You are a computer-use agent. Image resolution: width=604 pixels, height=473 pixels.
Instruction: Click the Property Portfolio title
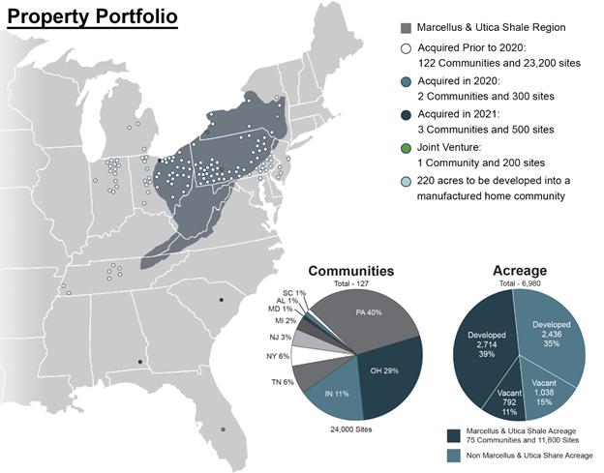93,16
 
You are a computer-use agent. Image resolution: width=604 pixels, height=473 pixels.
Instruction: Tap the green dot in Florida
223,429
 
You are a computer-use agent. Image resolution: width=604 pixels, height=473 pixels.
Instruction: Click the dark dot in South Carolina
221,300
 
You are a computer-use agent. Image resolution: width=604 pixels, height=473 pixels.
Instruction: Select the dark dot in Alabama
139,362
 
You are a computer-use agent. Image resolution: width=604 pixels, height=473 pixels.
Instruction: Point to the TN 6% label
283,382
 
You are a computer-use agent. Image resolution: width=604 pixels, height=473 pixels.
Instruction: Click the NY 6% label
278,356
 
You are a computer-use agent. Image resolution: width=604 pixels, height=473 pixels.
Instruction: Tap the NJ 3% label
280,338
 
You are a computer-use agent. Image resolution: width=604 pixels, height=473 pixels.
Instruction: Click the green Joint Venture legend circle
406,148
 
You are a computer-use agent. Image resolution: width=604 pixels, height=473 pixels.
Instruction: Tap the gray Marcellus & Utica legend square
406,28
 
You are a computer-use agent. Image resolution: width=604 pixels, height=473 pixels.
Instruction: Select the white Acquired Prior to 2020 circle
406,48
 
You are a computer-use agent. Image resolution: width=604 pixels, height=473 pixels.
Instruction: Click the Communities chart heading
351,271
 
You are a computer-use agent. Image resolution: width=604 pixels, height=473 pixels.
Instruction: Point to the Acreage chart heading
520,271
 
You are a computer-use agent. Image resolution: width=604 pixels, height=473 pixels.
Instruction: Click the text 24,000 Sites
351,429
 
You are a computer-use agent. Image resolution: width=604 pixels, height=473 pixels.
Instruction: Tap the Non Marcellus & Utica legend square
453,456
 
